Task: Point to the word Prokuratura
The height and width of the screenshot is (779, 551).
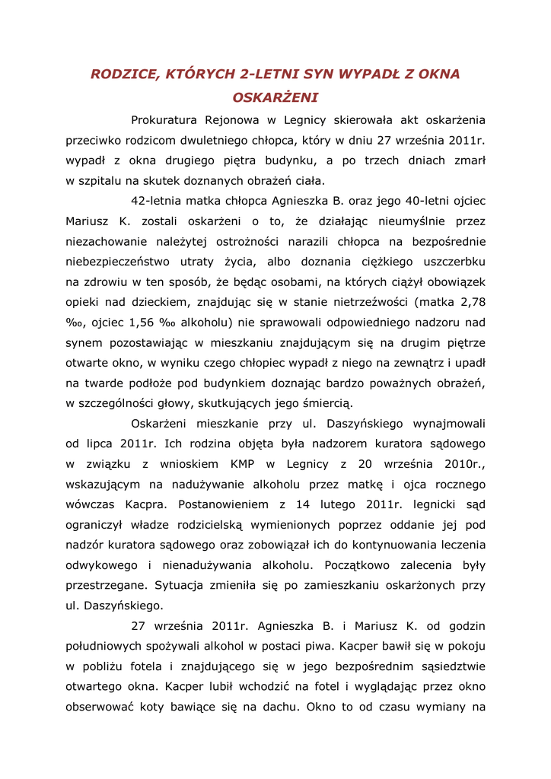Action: point(164,120)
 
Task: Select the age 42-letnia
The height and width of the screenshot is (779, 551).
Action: point(160,202)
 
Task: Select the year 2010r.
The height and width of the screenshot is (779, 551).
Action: point(460,464)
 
